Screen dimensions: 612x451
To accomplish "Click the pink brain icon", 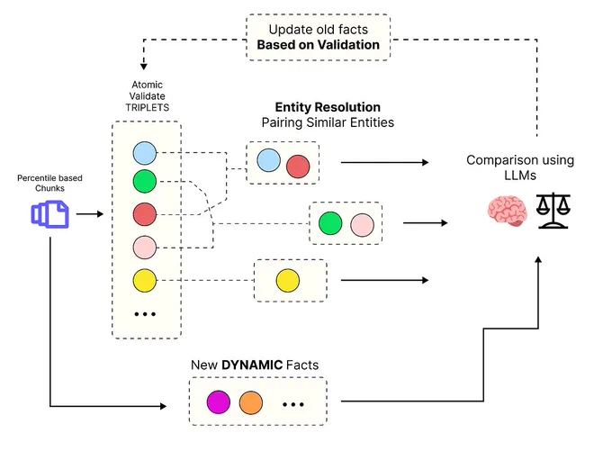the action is tap(508, 211).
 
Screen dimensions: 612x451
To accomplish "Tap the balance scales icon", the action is tap(553, 211).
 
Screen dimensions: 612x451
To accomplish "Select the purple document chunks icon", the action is tap(50, 214).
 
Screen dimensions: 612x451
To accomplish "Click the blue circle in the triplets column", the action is tap(145, 153).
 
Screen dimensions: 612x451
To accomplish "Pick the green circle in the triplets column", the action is tap(145, 181).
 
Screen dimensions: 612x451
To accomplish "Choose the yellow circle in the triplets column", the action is tap(145, 280).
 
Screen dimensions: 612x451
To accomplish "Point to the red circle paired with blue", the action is tap(298, 167).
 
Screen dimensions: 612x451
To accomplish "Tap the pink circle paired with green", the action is tap(362, 225).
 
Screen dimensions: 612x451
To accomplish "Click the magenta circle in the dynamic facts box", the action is tap(219, 401).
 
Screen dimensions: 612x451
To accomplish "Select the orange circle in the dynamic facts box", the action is tap(251, 402).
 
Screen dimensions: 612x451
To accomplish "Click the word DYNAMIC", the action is tap(252, 365).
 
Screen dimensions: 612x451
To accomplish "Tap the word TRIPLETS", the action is tap(147, 107).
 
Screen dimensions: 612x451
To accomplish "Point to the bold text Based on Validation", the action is tap(318, 45).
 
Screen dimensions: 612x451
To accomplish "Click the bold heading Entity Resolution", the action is tap(328, 107).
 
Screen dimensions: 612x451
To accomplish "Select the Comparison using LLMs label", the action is tap(520, 167).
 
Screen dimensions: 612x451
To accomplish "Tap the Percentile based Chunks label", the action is tap(50, 183).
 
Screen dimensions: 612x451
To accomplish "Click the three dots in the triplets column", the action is tap(145, 314).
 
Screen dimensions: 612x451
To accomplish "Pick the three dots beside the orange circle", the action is tap(293, 404).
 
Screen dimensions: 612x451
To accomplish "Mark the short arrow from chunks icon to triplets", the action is tap(90, 214).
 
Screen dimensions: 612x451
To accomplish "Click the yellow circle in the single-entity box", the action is tap(288, 280).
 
